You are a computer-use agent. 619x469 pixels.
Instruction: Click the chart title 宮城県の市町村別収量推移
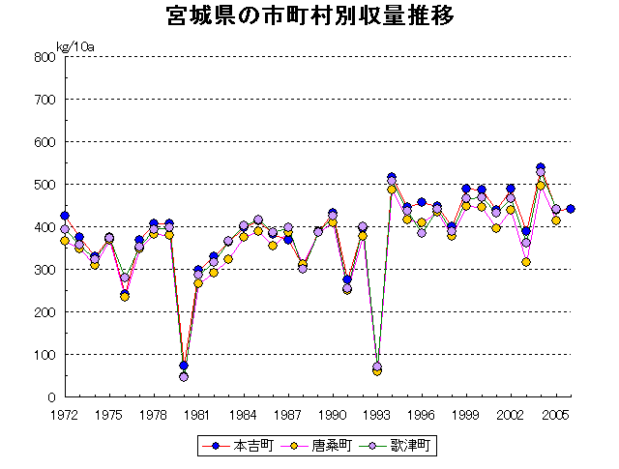point(310,18)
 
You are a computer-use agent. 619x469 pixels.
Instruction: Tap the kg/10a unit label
point(75,45)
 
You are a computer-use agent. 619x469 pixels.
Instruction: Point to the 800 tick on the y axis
point(44,57)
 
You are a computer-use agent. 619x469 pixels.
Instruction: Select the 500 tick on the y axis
point(44,185)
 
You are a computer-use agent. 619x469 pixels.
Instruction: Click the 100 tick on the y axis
point(44,355)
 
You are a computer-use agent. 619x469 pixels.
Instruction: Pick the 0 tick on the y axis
point(50,397)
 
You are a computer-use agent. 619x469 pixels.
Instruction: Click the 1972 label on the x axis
point(65,415)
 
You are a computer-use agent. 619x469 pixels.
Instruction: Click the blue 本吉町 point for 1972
point(65,216)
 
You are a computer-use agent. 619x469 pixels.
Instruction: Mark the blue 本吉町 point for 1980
point(184,366)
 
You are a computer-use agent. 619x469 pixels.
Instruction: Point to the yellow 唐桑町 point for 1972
point(65,241)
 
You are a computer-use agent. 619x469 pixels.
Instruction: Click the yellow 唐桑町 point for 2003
point(525,262)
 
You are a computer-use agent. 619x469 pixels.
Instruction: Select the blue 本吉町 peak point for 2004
point(541,167)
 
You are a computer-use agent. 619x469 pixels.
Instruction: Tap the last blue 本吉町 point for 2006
point(571,209)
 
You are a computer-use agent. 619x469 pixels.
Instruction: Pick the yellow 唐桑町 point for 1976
point(124,297)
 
